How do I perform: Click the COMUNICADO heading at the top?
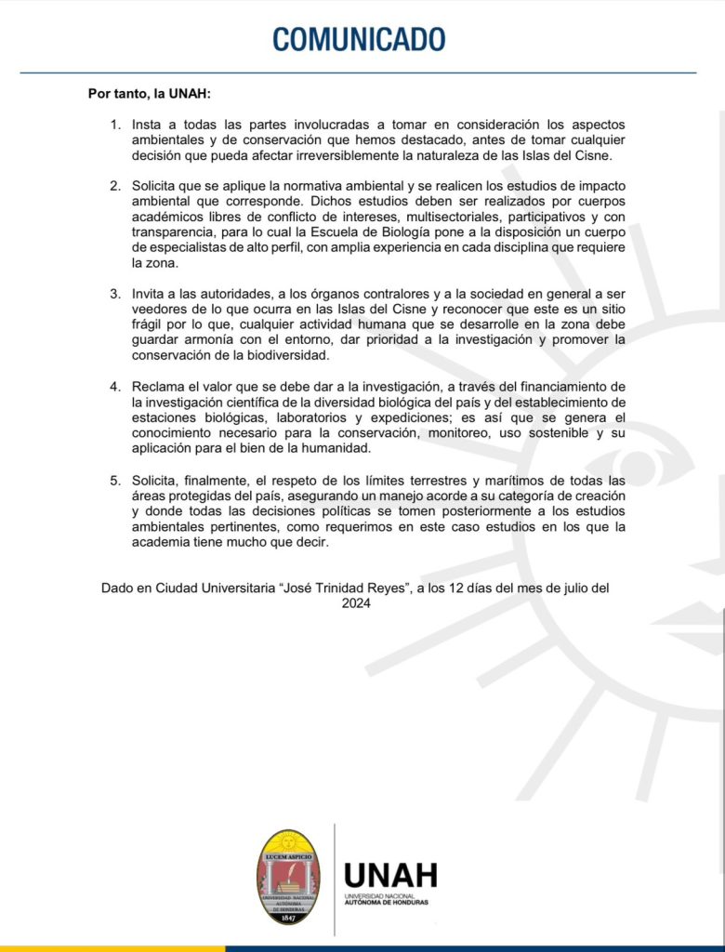(x=359, y=39)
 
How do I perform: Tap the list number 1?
(x=115, y=125)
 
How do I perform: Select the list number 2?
(x=115, y=186)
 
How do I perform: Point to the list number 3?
(x=115, y=294)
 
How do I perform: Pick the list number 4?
(x=115, y=386)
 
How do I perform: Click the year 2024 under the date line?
(x=356, y=603)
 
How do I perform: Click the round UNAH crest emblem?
(x=288, y=877)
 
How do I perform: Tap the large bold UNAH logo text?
(x=389, y=875)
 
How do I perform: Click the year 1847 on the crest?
(x=288, y=917)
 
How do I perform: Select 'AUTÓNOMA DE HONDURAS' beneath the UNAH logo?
(x=387, y=902)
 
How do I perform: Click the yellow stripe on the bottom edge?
(x=112, y=948)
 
